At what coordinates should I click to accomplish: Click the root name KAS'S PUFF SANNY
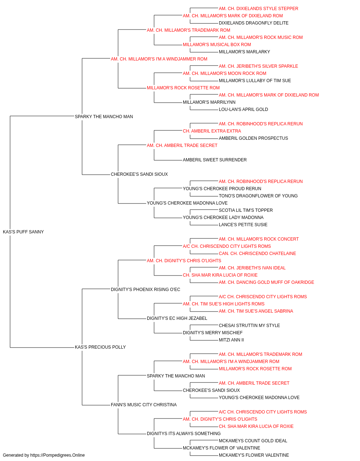pos(23,232)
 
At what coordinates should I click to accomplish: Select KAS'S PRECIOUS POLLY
pos(100,347)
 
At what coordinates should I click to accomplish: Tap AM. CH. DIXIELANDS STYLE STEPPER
pos(258,9)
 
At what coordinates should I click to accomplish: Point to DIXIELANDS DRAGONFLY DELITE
pos(253,23)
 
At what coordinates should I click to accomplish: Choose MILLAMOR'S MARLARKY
pos(244,52)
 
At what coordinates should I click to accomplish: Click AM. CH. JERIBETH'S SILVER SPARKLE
pos(258,66)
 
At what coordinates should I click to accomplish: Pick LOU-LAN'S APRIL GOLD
pos(243,109)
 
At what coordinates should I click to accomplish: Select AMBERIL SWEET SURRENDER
pos(215,160)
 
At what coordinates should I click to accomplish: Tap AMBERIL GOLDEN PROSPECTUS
pos(253,138)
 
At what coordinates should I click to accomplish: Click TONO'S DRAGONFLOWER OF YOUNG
pos(258,196)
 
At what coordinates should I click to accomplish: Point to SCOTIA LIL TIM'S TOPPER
pos(246,210)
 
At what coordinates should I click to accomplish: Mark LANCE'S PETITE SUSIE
pos(243,225)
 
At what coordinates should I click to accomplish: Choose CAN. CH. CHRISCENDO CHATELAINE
pos(257,254)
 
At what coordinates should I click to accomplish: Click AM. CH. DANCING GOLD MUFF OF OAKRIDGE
pos(266,282)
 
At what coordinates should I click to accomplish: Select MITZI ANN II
pos(231,340)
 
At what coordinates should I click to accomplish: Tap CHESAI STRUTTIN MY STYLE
pos(249,326)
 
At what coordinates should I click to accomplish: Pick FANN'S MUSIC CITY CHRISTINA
pos(144,405)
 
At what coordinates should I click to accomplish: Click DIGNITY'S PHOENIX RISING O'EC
pos(145,290)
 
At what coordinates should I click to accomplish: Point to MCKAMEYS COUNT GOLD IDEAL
pos(253,441)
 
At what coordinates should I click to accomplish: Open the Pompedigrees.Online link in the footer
pos(58,455)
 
